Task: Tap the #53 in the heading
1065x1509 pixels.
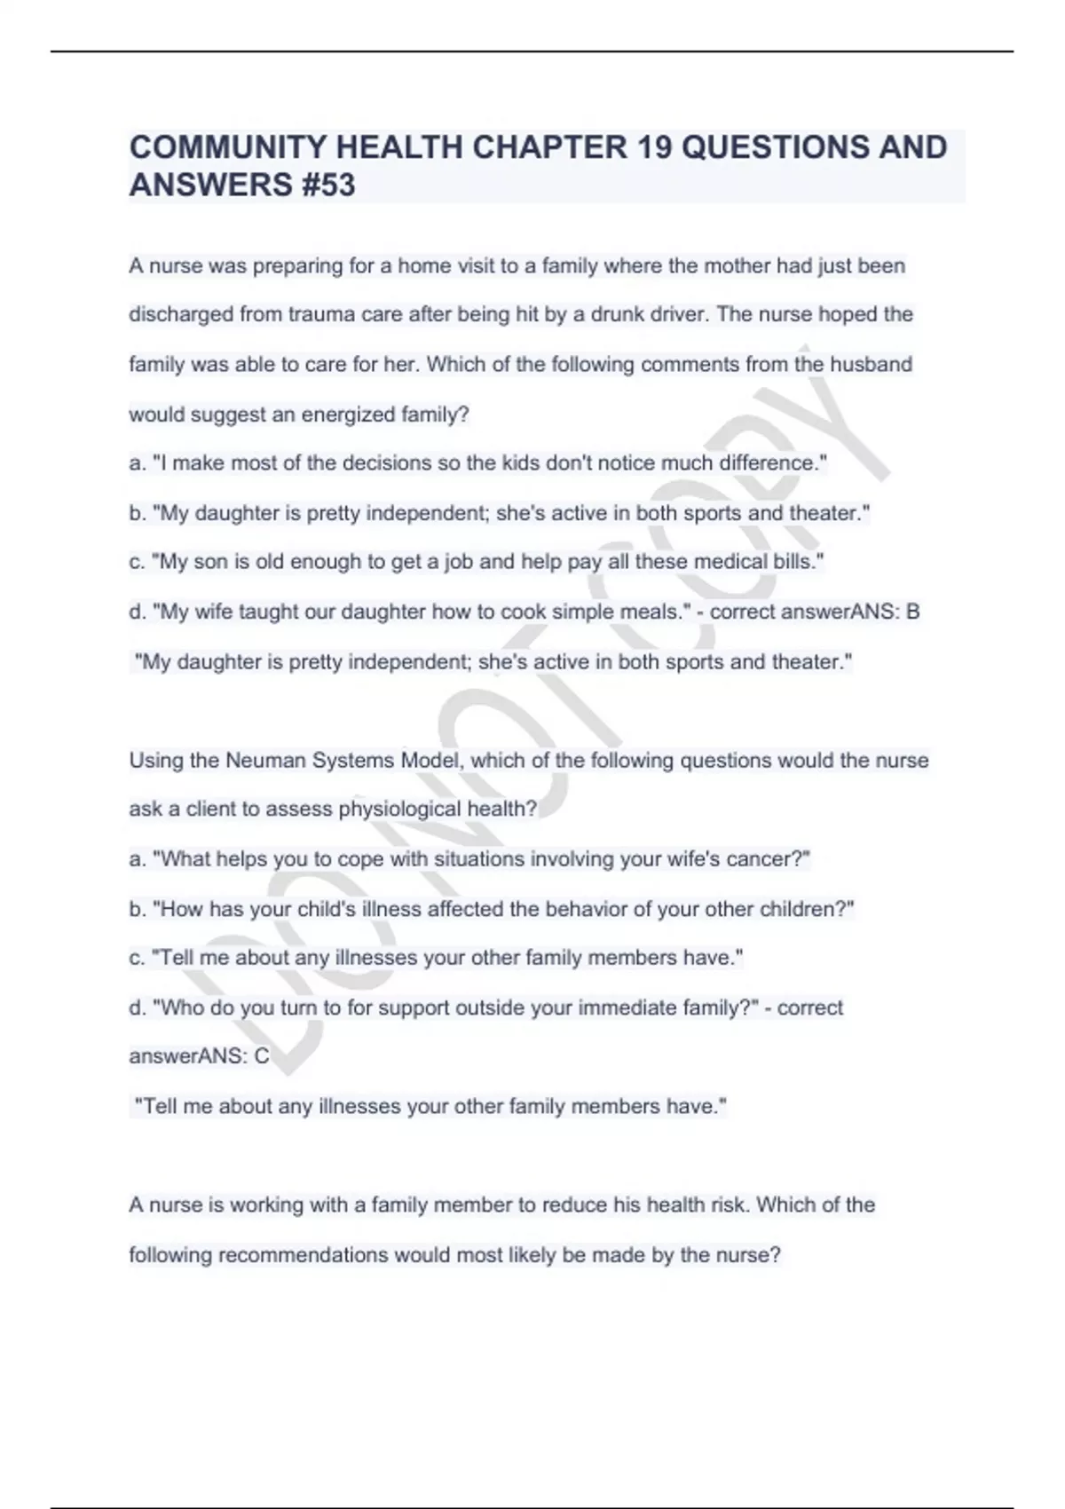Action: [x=328, y=186]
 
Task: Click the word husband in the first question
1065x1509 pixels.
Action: [x=871, y=365]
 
